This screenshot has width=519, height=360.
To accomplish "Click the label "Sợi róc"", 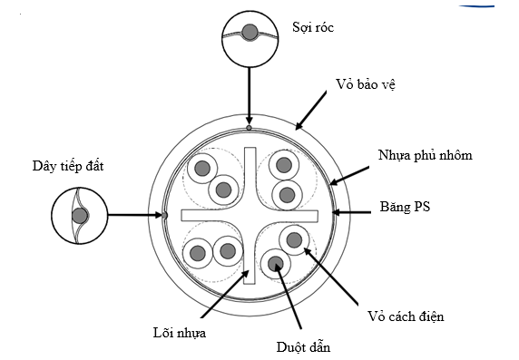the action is pyautogui.click(x=313, y=27).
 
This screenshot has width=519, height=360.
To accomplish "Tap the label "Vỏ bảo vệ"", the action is pyautogui.click(x=366, y=84).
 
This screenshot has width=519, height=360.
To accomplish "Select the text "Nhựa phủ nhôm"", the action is pyautogui.click(x=425, y=155).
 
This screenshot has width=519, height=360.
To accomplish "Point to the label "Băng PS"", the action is pyautogui.click(x=405, y=207).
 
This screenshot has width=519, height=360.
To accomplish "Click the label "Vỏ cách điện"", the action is pyautogui.click(x=406, y=316).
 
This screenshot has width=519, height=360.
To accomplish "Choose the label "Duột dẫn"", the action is pyautogui.click(x=303, y=347).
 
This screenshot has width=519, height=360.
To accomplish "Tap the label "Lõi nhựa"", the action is pyautogui.click(x=180, y=333).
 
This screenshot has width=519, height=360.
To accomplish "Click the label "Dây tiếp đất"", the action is pyautogui.click(x=68, y=166).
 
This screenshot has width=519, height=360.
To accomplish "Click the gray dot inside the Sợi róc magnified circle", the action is pyautogui.click(x=250, y=32).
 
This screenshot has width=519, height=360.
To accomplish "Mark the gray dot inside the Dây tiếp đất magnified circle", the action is pyautogui.click(x=80, y=216).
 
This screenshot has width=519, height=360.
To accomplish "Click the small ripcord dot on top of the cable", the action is pyautogui.click(x=250, y=128).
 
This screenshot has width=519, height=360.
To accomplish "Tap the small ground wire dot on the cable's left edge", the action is pyautogui.click(x=164, y=216).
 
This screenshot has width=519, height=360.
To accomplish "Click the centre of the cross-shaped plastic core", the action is pyautogui.click(x=250, y=216).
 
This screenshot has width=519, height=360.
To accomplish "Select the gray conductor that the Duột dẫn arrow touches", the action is pyautogui.click(x=276, y=264).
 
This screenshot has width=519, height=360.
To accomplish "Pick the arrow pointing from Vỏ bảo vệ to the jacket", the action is pyautogui.click(x=310, y=111).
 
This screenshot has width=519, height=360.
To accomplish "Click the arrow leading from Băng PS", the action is pyautogui.click(x=351, y=212).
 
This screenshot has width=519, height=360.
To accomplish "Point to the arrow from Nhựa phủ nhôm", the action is pyautogui.click(x=349, y=176).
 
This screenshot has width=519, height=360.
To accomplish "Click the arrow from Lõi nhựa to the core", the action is pyautogui.click(x=225, y=294).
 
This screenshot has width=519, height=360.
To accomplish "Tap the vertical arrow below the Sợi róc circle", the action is pyautogui.click(x=250, y=95).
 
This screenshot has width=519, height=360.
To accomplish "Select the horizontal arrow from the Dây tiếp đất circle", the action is pyautogui.click(x=134, y=216).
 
